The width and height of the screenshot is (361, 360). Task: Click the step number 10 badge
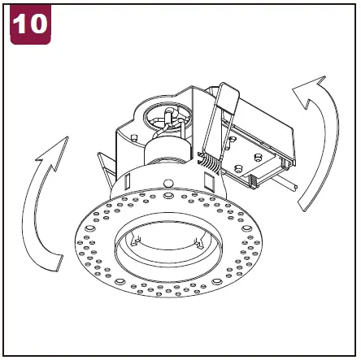tap(30, 24)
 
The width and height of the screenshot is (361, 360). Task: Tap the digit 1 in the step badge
tap(20, 24)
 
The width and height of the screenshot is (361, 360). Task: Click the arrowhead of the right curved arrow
tap(311, 89)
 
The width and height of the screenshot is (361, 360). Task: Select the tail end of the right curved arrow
tap(305, 205)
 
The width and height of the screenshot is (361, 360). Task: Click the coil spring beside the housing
tap(209, 163)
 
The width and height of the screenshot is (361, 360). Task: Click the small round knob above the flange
tap(168, 183)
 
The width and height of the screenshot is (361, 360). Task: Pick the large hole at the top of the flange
tap(168, 195)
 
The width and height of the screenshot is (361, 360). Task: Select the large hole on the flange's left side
tap(89, 228)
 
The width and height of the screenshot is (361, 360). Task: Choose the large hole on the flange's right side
tap(246, 228)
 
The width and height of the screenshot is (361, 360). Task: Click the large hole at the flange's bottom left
tap(120, 281)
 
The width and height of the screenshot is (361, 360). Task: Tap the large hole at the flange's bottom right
tap(217, 281)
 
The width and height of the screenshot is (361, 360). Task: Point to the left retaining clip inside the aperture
tap(136, 241)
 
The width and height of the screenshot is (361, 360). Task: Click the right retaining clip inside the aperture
tap(199, 243)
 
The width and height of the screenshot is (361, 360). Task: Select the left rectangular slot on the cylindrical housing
tap(128, 180)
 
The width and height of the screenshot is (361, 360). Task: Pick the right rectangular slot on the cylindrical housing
tap(209, 182)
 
